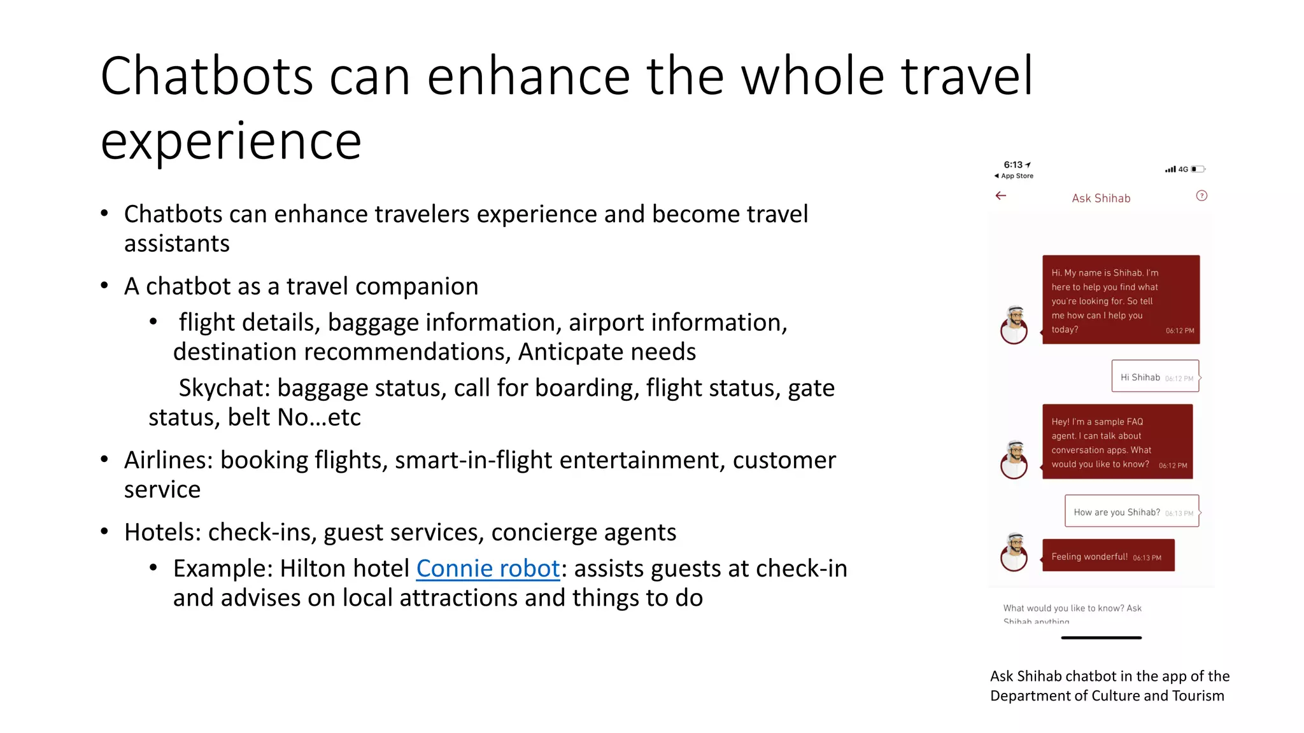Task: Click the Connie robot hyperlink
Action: [x=488, y=568]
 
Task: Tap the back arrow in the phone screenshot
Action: [x=1001, y=196]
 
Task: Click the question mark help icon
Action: [x=1201, y=196]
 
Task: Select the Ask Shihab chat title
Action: [x=1101, y=199]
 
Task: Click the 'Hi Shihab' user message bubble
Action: [x=1155, y=377]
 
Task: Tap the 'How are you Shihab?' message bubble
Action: [x=1131, y=512]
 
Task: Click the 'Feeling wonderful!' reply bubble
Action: [x=1108, y=556]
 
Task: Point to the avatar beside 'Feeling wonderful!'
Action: [x=1014, y=552]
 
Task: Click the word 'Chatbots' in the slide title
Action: [x=206, y=76]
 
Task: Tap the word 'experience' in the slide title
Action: [x=230, y=141]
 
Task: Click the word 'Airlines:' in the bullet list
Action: [x=168, y=460]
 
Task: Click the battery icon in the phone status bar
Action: [x=1198, y=169]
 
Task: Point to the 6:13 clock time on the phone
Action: [x=1013, y=165]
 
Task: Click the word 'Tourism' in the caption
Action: [x=1198, y=695]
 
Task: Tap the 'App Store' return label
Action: [x=1016, y=176]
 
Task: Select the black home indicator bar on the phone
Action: [x=1101, y=638]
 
